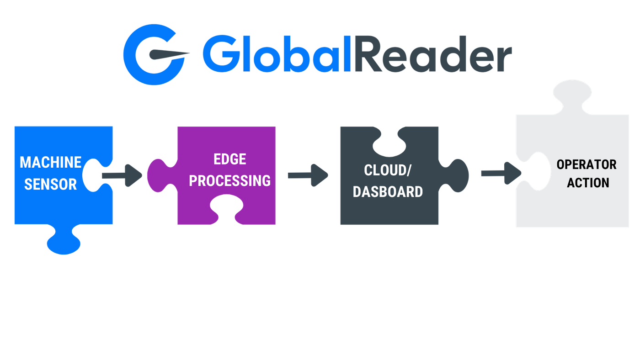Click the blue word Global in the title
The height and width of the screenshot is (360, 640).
click(x=277, y=53)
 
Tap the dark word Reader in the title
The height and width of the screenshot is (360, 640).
click(x=433, y=53)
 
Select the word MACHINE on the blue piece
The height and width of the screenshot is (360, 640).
click(x=51, y=163)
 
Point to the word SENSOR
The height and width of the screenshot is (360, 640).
click(x=51, y=184)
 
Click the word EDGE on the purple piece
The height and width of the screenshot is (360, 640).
click(x=229, y=159)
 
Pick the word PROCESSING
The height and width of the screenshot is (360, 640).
click(x=229, y=181)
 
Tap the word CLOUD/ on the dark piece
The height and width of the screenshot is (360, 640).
click(x=388, y=170)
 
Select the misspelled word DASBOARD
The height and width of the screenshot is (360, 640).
click(x=388, y=191)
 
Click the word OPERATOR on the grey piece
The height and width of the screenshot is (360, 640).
click(x=587, y=164)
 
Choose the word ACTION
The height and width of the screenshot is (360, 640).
click(x=588, y=183)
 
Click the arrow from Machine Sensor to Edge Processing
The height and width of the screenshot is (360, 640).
click(x=122, y=175)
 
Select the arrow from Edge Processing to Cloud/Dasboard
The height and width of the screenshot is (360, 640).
click(x=308, y=175)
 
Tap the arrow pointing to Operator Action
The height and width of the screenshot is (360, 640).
click(x=501, y=173)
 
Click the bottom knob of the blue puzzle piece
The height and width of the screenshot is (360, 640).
click(x=64, y=240)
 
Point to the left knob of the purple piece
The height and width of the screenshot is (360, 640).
click(x=162, y=175)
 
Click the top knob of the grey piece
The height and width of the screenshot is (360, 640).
click(x=572, y=97)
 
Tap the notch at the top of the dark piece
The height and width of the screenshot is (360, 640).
click(x=389, y=143)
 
